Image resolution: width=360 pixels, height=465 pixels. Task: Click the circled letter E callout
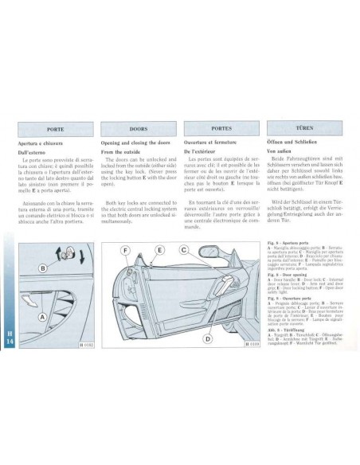pos(159,250)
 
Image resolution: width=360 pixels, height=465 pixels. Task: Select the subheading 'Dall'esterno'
pos(38,150)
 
